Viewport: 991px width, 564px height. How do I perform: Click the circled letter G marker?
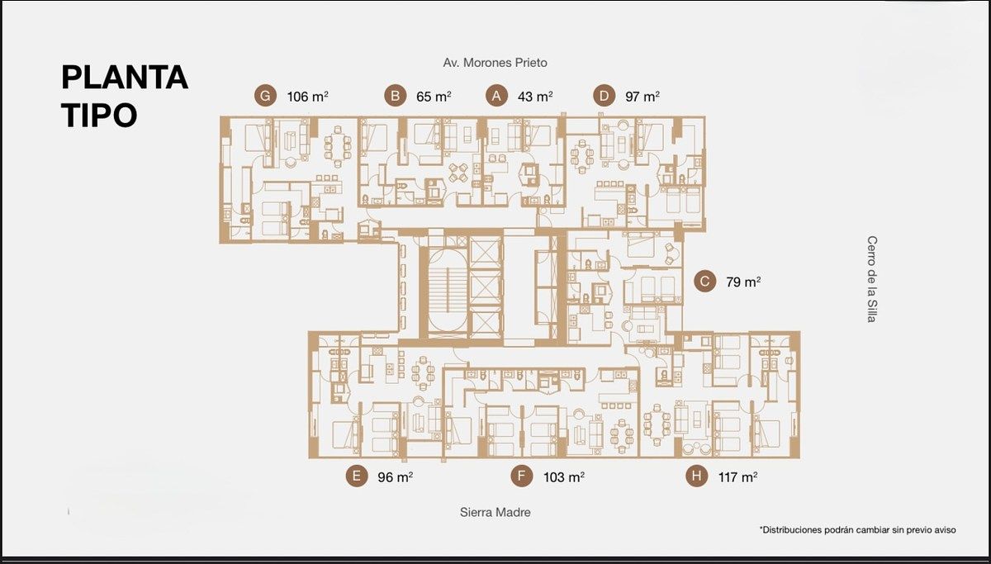pyautogui.click(x=265, y=96)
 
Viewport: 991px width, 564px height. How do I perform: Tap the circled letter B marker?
pyautogui.click(x=395, y=96)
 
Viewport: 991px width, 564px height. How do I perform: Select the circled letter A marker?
pyautogui.click(x=496, y=96)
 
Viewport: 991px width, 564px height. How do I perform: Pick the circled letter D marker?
pyautogui.click(x=604, y=96)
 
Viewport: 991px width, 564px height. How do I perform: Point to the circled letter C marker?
pyautogui.click(x=704, y=281)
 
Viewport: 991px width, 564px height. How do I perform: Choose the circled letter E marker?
pyautogui.click(x=357, y=476)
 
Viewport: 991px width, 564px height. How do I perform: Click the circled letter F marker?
pyautogui.click(x=522, y=476)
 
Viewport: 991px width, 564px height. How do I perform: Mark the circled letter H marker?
pyautogui.click(x=696, y=476)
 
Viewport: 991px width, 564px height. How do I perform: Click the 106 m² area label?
pyautogui.click(x=307, y=97)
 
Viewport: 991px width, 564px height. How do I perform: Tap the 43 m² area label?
pyautogui.click(x=535, y=97)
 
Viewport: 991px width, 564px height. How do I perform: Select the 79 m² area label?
pyautogui.click(x=743, y=282)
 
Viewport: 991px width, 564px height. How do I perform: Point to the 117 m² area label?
pyautogui.click(x=738, y=476)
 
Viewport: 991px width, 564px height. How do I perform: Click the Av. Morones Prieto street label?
pyautogui.click(x=495, y=63)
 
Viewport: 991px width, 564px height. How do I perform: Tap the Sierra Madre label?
pyautogui.click(x=495, y=512)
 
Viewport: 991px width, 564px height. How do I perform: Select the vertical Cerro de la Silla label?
pyautogui.click(x=871, y=279)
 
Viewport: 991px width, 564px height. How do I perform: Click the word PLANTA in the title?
pyautogui.click(x=125, y=78)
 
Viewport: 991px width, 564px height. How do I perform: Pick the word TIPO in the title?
pyautogui.click(x=99, y=115)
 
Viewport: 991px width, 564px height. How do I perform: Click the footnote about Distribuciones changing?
pyautogui.click(x=857, y=529)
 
